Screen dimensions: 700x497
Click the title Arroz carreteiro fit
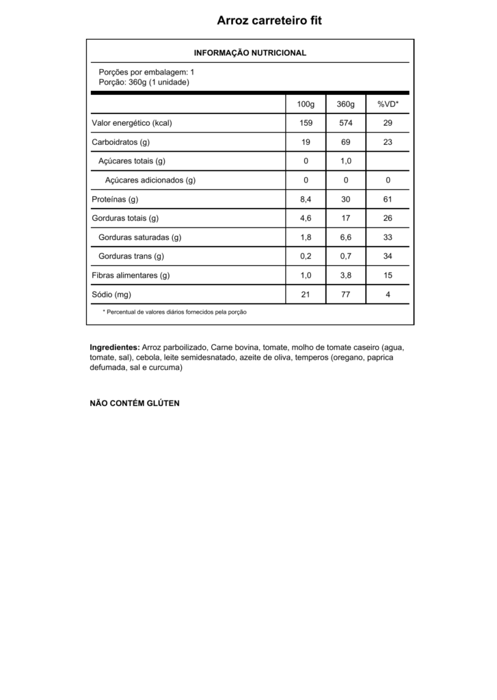pyautogui.click(x=269, y=21)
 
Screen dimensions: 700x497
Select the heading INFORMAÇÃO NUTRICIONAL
pyautogui.click(x=250, y=53)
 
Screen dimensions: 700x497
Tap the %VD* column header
pyautogui.click(x=388, y=104)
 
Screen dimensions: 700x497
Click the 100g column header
pyautogui.click(x=306, y=104)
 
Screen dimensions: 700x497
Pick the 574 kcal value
pyautogui.click(x=346, y=123)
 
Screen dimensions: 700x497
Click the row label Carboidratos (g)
pyautogui.click(x=121, y=142)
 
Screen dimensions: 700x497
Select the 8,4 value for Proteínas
pyautogui.click(x=306, y=200)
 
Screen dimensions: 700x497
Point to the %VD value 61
pyautogui.click(x=388, y=200)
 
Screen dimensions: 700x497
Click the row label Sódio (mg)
pyautogui.click(x=111, y=295)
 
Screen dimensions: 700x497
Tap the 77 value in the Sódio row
pyautogui.click(x=346, y=295)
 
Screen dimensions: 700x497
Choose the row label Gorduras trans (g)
pyautogui.click(x=131, y=256)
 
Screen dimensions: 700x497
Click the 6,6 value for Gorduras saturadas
pyautogui.click(x=346, y=238)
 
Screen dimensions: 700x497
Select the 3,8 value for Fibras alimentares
pyautogui.click(x=346, y=275)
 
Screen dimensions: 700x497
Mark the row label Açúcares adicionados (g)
pyautogui.click(x=150, y=180)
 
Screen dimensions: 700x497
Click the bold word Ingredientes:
pyautogui.click(x=115, y=347)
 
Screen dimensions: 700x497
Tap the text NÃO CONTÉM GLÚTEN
pyautogui.click(x=135, y=403)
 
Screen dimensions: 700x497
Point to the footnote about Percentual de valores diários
pyautogui.click(x=174, y=312)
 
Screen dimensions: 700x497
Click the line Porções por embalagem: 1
pyautogui.click(x=147, y=71)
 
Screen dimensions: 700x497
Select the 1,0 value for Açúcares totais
pyautogui.click(x=346, y=161)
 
